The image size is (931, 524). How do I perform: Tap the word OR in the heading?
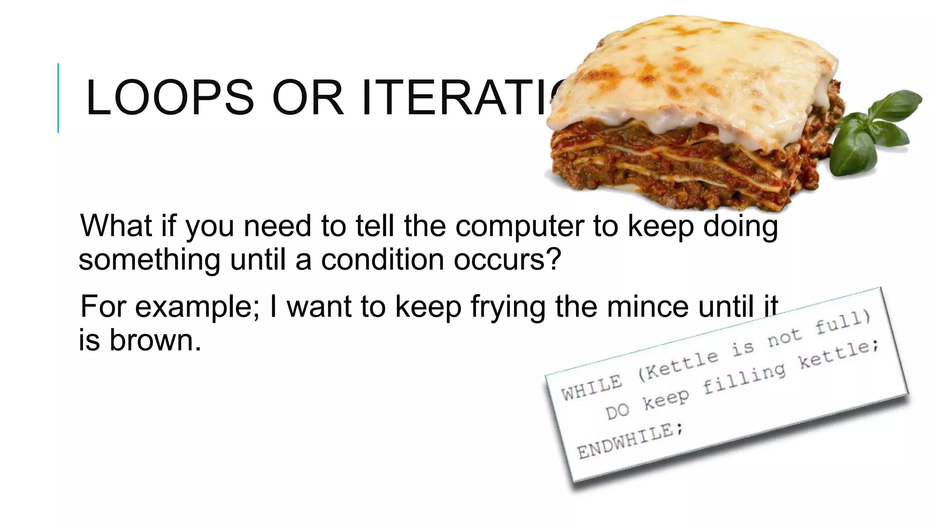308,98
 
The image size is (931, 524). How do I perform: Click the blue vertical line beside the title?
58,98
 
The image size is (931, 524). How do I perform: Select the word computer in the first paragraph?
520,226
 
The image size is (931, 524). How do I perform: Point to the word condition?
382,260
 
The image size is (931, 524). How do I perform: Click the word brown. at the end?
155,340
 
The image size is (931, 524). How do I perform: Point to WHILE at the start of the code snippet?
591,387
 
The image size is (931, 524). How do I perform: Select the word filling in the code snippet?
744,378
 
